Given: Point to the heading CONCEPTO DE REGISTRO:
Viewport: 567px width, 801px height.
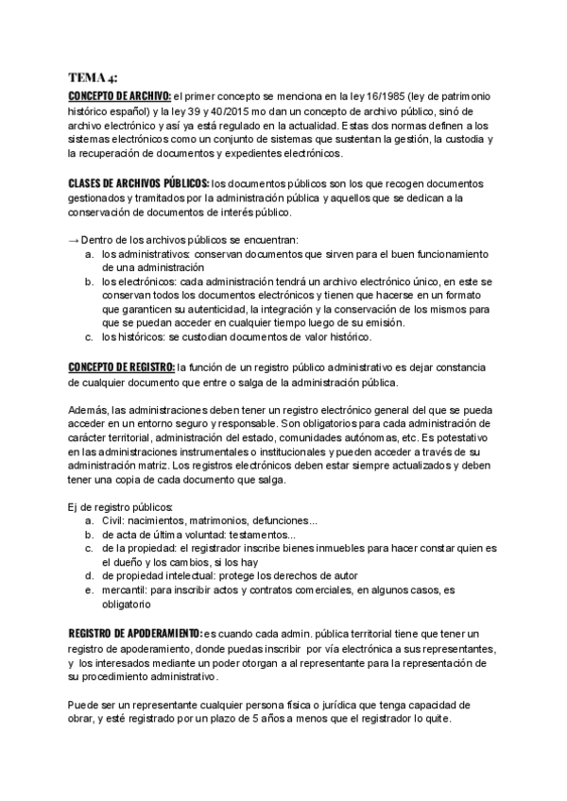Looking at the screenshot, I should pos(122,367).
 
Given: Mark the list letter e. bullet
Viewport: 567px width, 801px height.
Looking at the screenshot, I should pos(88,590).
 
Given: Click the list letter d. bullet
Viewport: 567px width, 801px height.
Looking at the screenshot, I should pos(88,576).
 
